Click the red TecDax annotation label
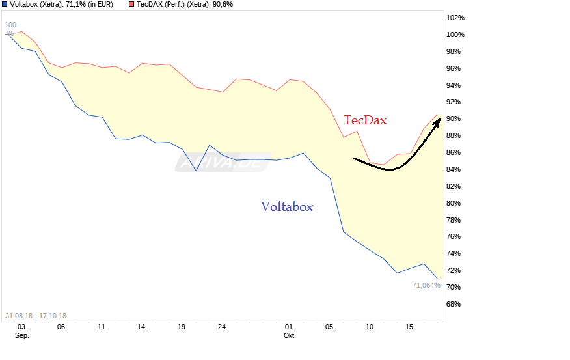365,120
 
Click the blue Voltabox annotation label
287,207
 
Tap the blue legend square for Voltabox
5,5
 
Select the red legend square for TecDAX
131,5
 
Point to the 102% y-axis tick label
455,18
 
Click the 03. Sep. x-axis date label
22,331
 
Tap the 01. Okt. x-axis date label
290,331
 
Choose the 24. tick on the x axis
223,327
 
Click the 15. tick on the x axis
410,327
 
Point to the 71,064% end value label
426,285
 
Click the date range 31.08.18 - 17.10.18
36,316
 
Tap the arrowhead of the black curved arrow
439,120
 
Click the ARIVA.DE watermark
222,163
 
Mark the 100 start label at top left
10,25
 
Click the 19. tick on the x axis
182,327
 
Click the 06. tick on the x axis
62,327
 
